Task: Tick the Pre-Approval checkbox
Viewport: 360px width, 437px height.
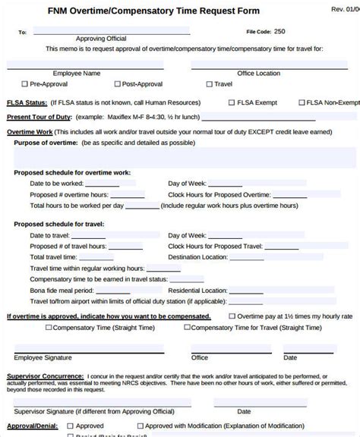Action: (x=24, y=85)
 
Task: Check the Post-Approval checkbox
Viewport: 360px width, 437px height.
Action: (x=117, y=85)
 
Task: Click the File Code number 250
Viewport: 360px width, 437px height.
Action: (x=279, y=31)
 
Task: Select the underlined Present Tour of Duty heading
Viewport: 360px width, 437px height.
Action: (x=40, y=117)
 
